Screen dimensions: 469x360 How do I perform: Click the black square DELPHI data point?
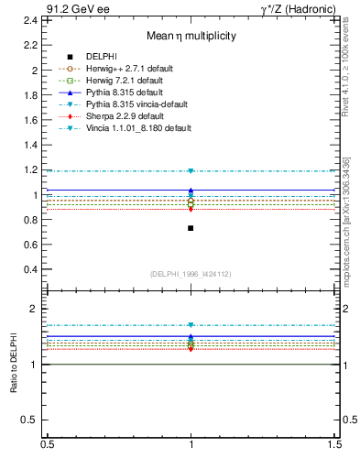tap(191, 228)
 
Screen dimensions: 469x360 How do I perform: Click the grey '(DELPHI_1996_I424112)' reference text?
tap(191, 274)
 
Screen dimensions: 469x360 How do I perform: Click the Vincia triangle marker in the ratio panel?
tap(191, 325)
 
